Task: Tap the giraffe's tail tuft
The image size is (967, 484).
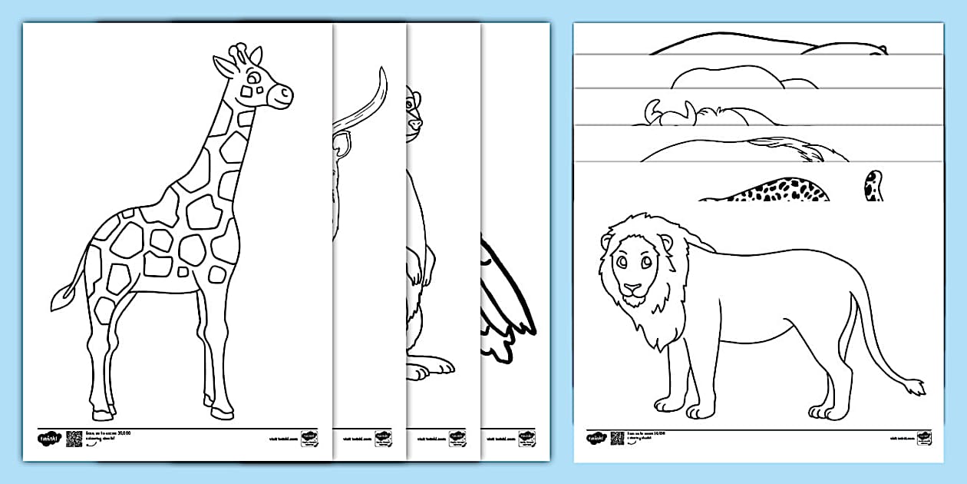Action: pos(61,297)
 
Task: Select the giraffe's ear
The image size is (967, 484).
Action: pos(223,68)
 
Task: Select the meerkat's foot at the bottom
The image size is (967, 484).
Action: pos(419,370)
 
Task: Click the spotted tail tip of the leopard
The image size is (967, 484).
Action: pos(873,186)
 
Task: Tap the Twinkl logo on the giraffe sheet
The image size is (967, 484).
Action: pos(48,439)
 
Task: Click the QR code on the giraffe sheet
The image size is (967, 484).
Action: pos(74,439)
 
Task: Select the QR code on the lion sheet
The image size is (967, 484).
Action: pos(618,438)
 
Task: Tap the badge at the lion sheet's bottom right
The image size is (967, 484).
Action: pos(926,438)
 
